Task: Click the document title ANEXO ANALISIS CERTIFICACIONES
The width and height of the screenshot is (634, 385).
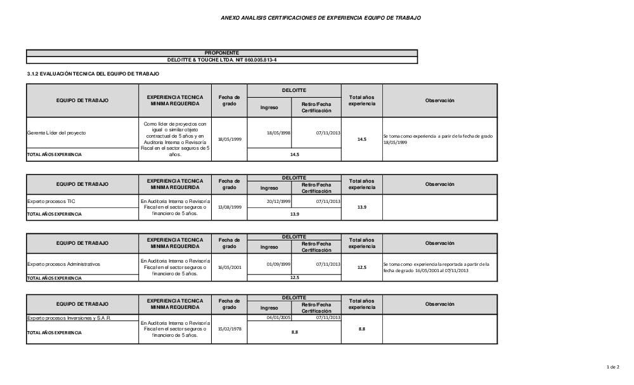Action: (320, 18)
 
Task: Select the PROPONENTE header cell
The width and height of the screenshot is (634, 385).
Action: (222, 53)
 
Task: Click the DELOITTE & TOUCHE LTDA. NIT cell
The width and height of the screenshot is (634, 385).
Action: (222, 60)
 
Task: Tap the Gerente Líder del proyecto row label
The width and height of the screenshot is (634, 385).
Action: (56, 133)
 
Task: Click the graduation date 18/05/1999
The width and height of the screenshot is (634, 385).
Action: (229, 139)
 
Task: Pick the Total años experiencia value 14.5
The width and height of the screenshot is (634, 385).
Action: (362, 139)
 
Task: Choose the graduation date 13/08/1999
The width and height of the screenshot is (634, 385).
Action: (229, 207)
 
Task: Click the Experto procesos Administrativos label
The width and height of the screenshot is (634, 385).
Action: (63, 263)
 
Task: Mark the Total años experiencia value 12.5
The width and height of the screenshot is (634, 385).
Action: (362, 268)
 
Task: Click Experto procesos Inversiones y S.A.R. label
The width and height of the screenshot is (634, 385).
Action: (69, 318)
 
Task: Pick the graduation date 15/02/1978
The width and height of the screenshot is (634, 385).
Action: (229, 329)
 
